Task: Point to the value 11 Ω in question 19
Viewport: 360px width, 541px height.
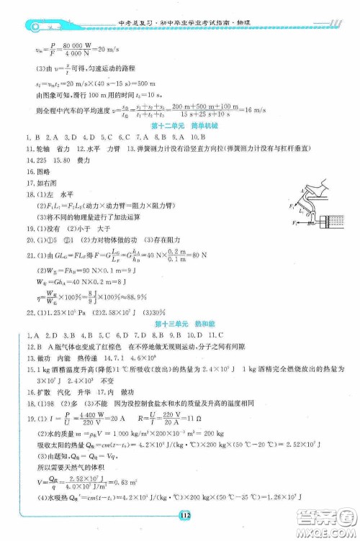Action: pyautogui.click(x=191, y=425)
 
